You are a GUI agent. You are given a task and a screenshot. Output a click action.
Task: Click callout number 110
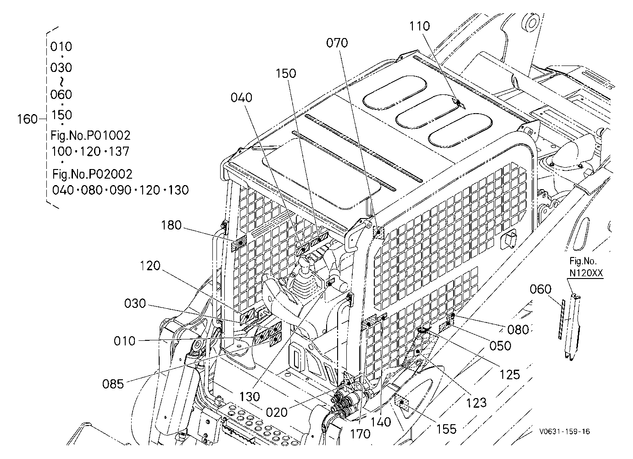[420, 26]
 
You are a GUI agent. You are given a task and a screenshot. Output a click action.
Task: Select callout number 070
[337, 43]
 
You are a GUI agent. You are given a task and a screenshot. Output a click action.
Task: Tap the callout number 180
[171, 225]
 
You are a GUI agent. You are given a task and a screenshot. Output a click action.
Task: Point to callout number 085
[113, 384]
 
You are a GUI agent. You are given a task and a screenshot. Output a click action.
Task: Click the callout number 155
[446, 429]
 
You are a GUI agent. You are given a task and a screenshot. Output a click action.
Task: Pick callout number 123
[476, 403]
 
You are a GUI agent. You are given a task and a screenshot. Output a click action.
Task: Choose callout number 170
[360, 434]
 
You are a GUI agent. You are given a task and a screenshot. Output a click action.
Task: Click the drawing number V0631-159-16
[564, 432]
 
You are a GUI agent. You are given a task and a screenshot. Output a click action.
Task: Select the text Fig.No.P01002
[90, 136]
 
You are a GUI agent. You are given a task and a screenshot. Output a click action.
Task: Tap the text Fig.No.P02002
[92, 174]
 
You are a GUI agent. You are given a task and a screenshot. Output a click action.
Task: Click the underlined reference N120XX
[586, 273]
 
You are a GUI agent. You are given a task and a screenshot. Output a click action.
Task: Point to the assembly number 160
[28, 119]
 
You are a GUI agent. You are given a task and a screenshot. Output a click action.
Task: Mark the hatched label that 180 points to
[239, 243]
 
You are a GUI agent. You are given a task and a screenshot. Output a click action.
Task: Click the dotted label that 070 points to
[379, 233]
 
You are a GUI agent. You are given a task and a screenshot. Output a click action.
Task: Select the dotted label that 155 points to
[402, 403]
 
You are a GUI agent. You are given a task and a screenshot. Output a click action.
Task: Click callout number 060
[540, 289]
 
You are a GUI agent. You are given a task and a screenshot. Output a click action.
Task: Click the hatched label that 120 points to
[248, 315]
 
